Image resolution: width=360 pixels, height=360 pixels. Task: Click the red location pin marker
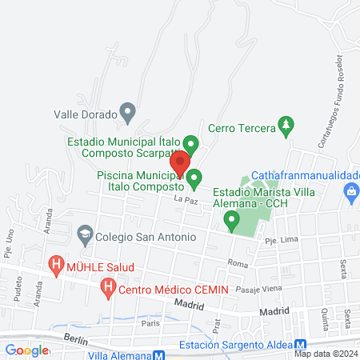[x=180, y=161]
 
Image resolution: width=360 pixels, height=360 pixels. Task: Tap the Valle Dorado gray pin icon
[x=126, y=110]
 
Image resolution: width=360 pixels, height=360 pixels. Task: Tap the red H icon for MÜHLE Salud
[x=56, y=263]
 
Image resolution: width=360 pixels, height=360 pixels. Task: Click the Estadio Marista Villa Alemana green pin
[x=232, y=219]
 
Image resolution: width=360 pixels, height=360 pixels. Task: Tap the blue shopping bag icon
[x=350, y=191]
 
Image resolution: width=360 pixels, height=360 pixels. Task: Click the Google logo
[x=26, y=350]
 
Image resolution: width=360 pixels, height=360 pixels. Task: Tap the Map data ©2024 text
[x=325, y=354]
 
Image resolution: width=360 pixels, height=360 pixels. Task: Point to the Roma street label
[x=238, y=263]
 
